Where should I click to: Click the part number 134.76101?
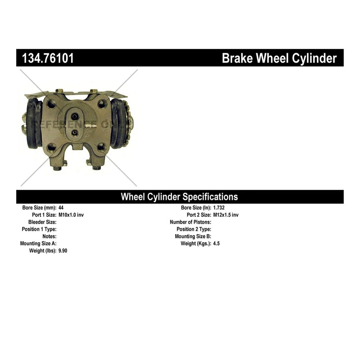tap(48, 58)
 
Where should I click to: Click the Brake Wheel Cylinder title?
tap(279, 58)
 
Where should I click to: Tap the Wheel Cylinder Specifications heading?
tap(179, 197)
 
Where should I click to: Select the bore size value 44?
tap(61, 208)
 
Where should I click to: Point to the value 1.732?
tap(219, 208)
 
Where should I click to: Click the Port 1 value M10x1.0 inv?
tap(71, 215)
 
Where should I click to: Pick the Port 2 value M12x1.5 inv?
tap(226, 215)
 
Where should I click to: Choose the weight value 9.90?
tap(63, 251)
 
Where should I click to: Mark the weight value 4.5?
tap(216, 243)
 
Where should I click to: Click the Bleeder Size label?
tap(42, 222)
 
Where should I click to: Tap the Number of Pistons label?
tap(190, 222)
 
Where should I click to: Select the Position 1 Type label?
tap(39, 229)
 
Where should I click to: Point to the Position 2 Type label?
tap(194, 229)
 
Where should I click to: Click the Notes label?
tap(49, 236)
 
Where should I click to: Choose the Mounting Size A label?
tap(38, 243)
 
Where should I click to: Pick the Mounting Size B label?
tap(193, 236)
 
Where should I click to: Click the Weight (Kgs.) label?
tap(196, 243)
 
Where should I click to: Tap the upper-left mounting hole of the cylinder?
tap(51, 104)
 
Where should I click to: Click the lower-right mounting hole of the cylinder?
tap(102, 148)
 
